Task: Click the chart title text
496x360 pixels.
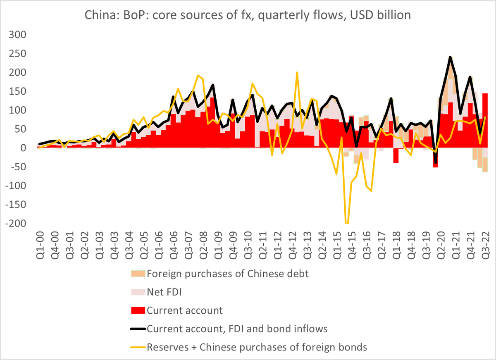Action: [248, 15]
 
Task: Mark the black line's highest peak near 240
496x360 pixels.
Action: [450, 57]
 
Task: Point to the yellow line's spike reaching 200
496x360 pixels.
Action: [297, 72]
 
